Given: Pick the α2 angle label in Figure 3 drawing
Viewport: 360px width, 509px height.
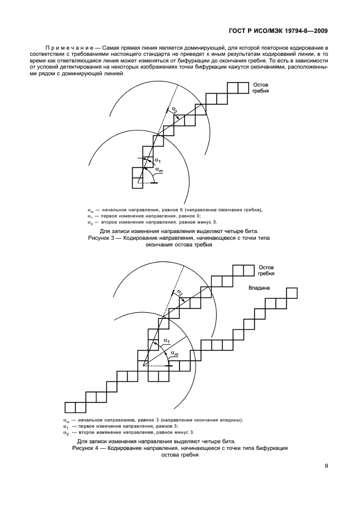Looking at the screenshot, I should point(176,111).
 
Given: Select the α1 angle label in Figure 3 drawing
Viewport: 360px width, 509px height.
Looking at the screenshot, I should point(157,160).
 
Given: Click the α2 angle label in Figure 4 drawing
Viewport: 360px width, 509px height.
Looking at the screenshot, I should point(179,292).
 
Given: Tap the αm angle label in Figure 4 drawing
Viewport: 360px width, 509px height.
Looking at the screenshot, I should point(174,354).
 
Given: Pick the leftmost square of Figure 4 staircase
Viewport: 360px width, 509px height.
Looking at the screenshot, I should point(70,406).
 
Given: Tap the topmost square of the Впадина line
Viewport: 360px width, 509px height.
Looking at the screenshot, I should point(292,292).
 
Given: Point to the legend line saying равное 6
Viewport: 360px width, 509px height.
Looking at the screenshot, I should point(175,210).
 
